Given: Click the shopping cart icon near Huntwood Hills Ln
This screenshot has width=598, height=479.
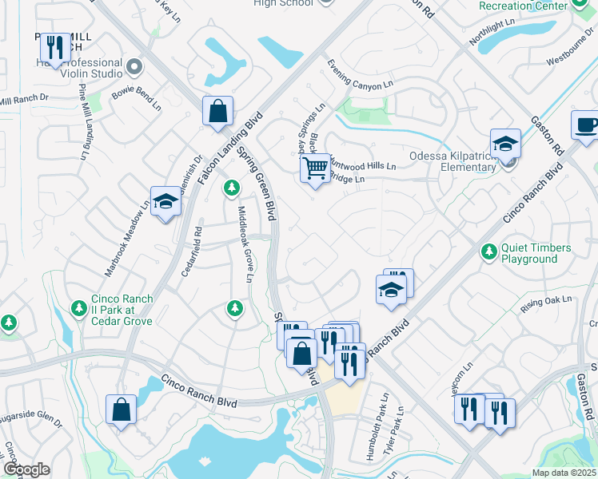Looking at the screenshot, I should [315, 168].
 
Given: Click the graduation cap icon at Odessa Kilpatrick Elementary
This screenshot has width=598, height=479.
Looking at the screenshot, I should [505, 144].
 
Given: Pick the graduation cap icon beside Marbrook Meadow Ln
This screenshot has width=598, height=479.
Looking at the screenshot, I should [165, 200].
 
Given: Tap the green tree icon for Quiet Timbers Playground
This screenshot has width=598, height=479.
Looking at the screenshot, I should [488, 252].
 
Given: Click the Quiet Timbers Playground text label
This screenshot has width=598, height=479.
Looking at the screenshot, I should [536, 253].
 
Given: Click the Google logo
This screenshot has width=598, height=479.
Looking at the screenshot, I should [26, 469].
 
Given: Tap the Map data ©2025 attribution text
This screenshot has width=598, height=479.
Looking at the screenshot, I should [563, 473].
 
